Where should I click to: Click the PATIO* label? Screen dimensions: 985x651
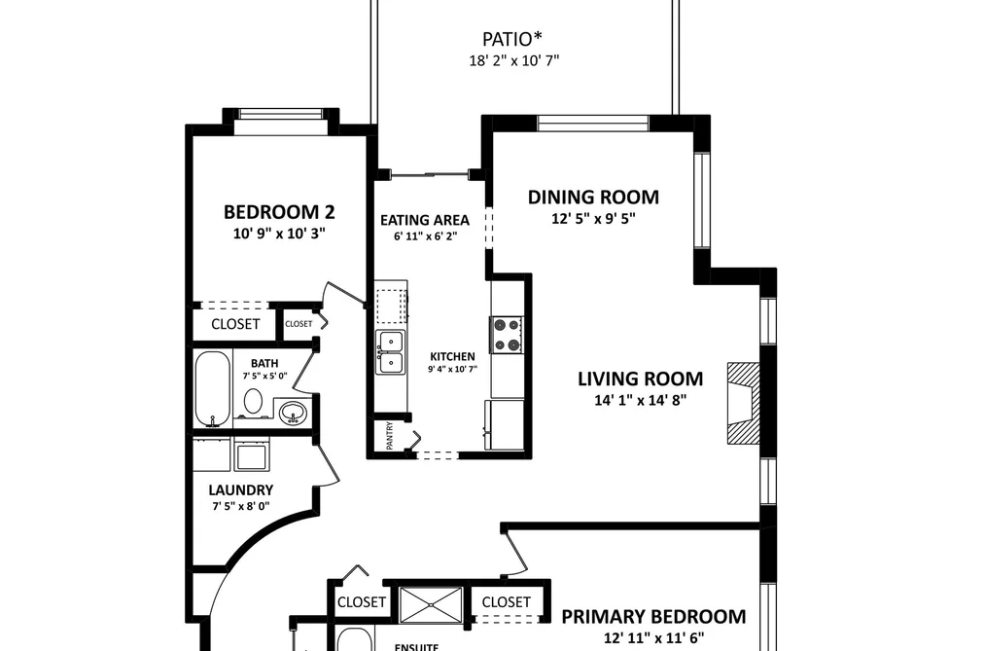pyautogui.click(x=512, y=39)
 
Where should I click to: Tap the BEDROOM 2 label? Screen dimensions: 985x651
pyautogui.click(x=279, y=212)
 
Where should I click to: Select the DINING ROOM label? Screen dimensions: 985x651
pyautogui.click(x=593, y=197)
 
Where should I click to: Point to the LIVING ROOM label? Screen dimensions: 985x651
pyautogui.click(x=640, y=379)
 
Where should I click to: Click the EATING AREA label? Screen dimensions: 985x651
pyautogui.click(x=425, y=220)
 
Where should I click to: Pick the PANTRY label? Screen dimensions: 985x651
pyautogui.click(x=390, y=436)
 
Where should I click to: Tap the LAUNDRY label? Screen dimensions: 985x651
pyautogui.click(x=240, y=490)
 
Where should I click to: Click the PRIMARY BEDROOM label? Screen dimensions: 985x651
pyautogui.click(x=653, y=616)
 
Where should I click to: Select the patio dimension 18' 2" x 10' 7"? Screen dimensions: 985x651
pyautogui.click(x=513, y=61)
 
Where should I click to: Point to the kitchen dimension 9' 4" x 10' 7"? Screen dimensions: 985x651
pyautogui.click(x=452, y=370)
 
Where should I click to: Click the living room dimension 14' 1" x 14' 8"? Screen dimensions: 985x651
pyautogui.click(x=640, y=400)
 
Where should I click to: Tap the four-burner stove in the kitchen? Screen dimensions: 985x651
pyautogui.click(x=507, y=335)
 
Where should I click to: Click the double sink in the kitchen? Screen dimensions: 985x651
pyautogui.click(x=390, y=352)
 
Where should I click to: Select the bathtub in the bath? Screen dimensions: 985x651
pyautogui.click(x=212, y=389)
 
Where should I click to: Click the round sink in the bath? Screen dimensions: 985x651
pyautogui.click(x=293, y=413)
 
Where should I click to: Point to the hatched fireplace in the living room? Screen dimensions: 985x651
pyautogui.click(x=744, y=404)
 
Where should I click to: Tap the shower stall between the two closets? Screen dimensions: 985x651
pyautogui.click(x=432, y=604)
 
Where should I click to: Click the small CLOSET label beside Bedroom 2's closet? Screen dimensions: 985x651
pyautogui.click(x=299, y=324)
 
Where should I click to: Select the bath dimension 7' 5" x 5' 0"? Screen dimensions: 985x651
pyautogui.click(x=264, y=376)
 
